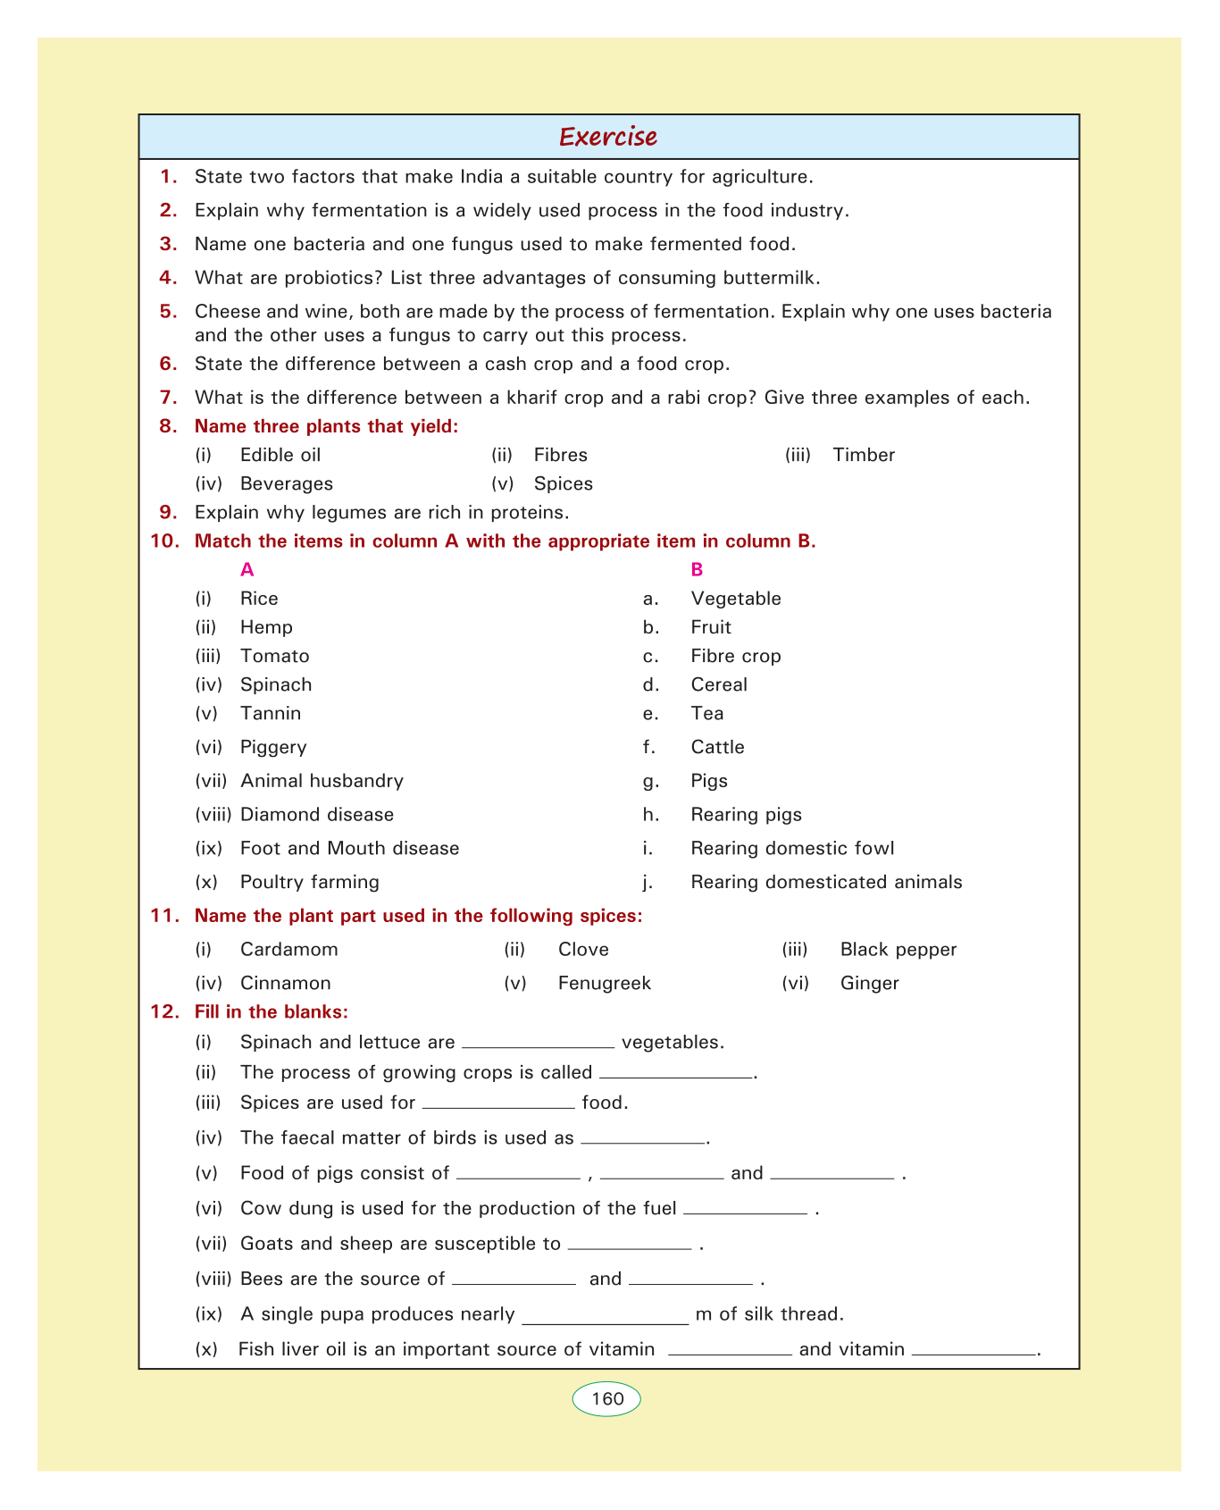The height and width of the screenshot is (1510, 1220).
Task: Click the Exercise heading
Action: tap(608, 137)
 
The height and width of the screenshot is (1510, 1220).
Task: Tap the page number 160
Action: tap(607, 1398)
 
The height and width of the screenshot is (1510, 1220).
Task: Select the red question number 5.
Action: tap(169, 312)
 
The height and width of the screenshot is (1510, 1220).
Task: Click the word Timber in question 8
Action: tap(863, 455)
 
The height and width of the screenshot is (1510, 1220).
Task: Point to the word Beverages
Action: tap(287, 483)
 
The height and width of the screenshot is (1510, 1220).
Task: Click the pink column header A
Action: tap(247, 569)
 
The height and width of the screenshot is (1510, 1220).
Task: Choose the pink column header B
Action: tap(698, 569)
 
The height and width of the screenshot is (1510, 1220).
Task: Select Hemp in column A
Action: tap(266, 627)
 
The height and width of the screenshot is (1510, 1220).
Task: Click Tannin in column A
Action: tap(271, 713)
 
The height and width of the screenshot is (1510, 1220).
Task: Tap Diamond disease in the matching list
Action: tap(317, 815)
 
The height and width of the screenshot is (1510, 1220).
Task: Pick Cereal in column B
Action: tap(719, 684)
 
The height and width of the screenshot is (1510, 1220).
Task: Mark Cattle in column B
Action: tap(717, 747)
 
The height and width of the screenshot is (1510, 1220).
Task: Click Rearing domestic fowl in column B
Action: tap(792, 848)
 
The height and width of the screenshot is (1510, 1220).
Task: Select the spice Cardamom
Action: tap(289, 949)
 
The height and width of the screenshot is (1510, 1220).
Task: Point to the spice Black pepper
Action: tap(898, 949)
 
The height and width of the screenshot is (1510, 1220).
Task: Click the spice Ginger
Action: tap(869, 983)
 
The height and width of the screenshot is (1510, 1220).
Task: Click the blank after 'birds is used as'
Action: tap(643, 1139)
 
